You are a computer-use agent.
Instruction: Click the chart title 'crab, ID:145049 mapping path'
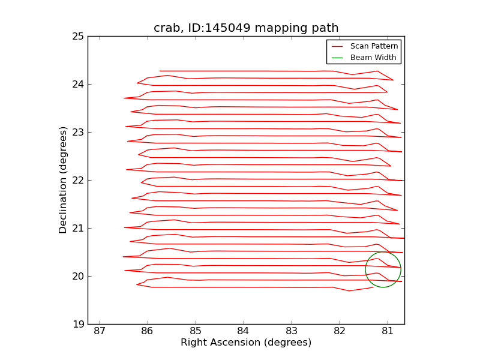pyautogui.click(x=246, y=28)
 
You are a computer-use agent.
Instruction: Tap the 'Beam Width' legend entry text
pyautogui.click(x=373, y=58)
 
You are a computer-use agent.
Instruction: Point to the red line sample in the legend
pyautogui.click(x=337, y=46)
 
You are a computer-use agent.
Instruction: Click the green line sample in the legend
pyautogui.click(x=337, y=58)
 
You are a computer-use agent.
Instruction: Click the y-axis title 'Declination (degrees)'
pyautogui.click(x=63, y=180)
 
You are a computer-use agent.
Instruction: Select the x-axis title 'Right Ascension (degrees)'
pyautogui.click(x=246, y=343)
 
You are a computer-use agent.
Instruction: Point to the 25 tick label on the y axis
pyautogui.click(x=78, y=36)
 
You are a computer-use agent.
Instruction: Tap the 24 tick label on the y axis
pyautogui.click(x=78, y=84)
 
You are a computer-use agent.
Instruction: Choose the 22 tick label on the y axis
pyautogui.click(x=78, y=180)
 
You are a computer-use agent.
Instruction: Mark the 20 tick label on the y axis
pyautogui.click(x=78, y=276)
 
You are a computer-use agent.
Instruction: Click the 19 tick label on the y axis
pyautogui.click(x=78, y=324)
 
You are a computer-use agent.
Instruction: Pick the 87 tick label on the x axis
pyautogui.click(x=100, y=331)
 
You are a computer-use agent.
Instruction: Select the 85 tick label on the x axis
pyautogui.click(x=196, y=331)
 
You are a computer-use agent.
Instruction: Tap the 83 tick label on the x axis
pyautogui.click(x=292, y=331)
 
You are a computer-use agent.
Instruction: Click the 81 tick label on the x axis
pyautogui.click(x=388, y=331)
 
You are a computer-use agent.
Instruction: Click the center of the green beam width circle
pyautogui.click(x=383, y=269)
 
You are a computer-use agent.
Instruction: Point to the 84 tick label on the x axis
pyautogui.click(x=244, y=331)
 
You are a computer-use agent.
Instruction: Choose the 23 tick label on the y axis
pyautogui.click(x=78, y=132)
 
